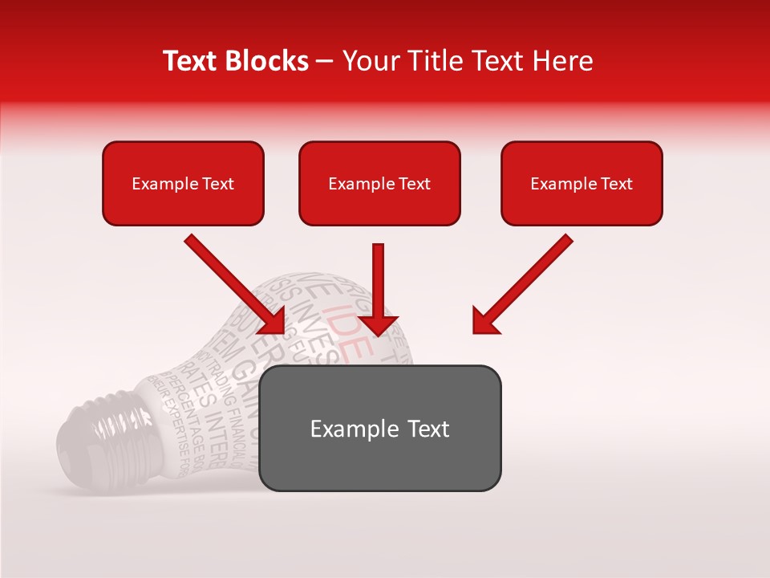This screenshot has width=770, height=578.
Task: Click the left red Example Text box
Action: point(183,183)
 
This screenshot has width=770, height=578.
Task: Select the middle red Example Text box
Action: point(379,183)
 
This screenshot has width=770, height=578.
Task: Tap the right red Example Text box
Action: point(582,183)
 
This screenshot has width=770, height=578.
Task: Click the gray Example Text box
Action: point(379,428)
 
